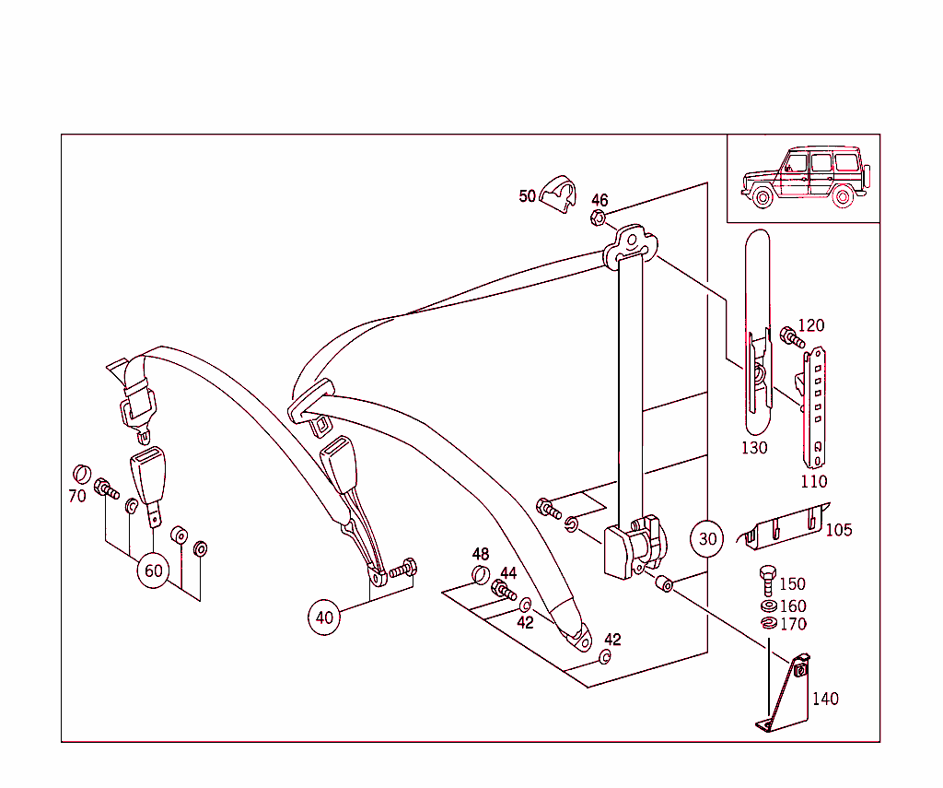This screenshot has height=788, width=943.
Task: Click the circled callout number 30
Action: (x=706, y=538)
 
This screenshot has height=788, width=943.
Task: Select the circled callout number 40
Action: (x=324, y=617)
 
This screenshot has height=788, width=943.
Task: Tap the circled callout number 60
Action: (x=153, y=570)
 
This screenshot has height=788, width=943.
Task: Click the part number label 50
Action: (x=527, y=195)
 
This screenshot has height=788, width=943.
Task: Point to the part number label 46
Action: (x=600, y=200)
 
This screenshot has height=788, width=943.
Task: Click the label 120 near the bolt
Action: (x=811, y=325)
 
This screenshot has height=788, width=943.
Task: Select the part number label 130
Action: (x=754, y=448)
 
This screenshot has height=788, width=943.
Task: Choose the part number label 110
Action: (x=814, y=480)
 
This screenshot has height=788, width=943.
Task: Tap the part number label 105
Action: (x=838, y=530)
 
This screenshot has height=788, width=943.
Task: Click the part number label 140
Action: (x=825, y=699)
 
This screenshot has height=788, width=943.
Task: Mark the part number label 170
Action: (x=792, y=624)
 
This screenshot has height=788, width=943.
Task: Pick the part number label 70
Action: (x=76, y=496)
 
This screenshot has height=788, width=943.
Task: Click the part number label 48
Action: (x=481, y=554)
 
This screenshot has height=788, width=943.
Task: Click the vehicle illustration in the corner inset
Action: (x=804, y=178)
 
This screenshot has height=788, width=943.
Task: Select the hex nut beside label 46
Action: (x=596, y=218)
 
